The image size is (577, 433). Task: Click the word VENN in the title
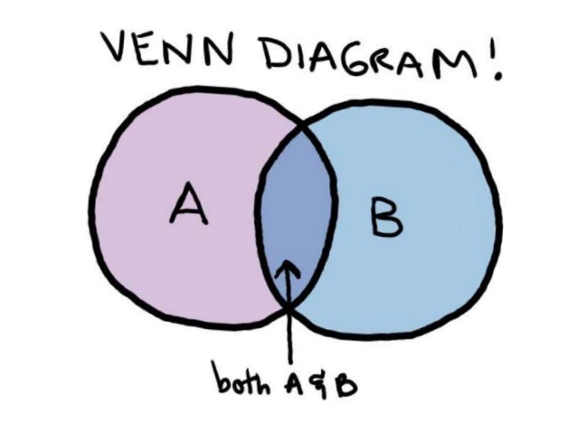click(x=166, y=52)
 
